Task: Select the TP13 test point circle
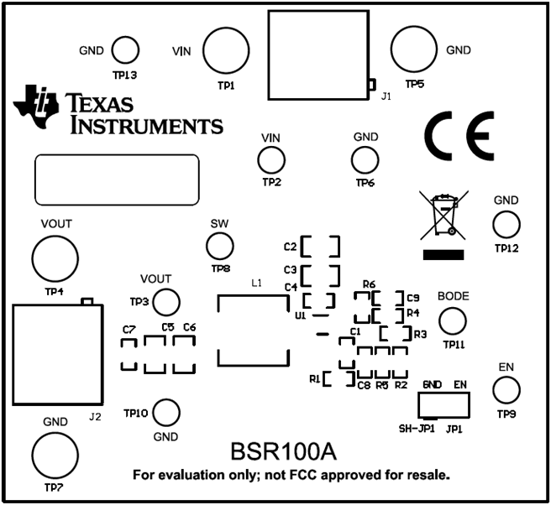(x=125, y=50)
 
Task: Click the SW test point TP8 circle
(x=220, y=246)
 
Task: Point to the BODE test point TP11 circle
(x=453, y=320)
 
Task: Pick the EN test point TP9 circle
(x=505, y=390)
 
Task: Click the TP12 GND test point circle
(x=506, y=224)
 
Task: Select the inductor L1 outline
(x=258, y=330)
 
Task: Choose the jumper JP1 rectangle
(x=444, y=404)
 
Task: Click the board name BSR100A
(x=283, y=452)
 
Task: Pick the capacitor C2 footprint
(x=320, y=247)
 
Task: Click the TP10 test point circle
(x=166, y=413)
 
